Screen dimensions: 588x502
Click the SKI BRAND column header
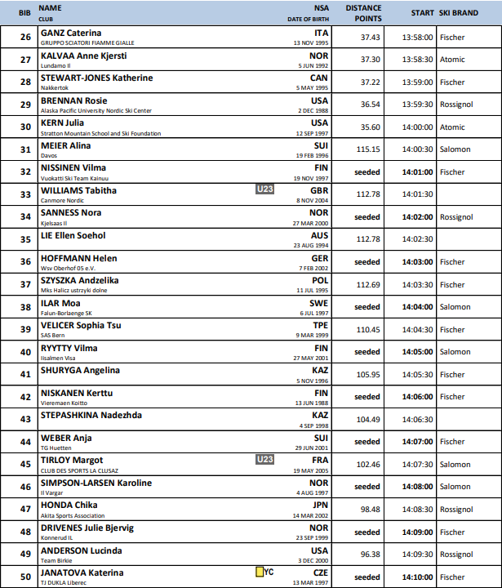(x=458, y=13)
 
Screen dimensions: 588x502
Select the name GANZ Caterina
(x=71, y=32)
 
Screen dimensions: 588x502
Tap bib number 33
(x=25, y=194)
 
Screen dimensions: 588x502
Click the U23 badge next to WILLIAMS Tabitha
(x=264, y=190)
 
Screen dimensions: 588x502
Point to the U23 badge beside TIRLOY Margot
(x=264, y=460)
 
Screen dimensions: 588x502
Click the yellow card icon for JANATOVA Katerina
(x=260, y=572)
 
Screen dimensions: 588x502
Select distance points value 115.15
(x=370, y=149)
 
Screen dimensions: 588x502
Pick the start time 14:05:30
(x=418, y=375)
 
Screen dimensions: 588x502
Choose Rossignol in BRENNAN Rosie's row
(x=455, y=105)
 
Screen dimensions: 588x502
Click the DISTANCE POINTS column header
(x=363, y=12)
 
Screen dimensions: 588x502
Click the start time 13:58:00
(x=418, y=37)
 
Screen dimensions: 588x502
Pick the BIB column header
(x=25, y=12)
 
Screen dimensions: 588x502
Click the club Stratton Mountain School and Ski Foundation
(x=101, y=132)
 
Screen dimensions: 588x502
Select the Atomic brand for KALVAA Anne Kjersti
(x=452, y=60)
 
